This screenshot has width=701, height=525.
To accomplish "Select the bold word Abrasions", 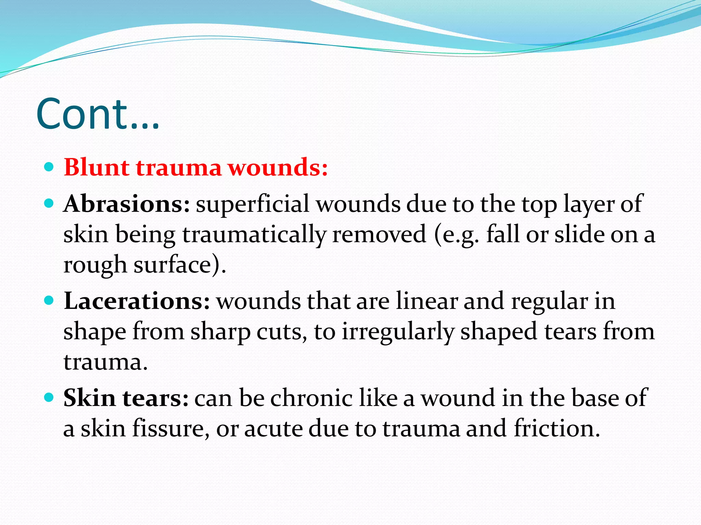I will coord(126,204).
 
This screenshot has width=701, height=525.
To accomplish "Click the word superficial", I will coord(252,204).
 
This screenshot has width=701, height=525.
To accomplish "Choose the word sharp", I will coord(220,332).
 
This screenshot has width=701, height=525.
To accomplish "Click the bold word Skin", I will coord(90,398).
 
